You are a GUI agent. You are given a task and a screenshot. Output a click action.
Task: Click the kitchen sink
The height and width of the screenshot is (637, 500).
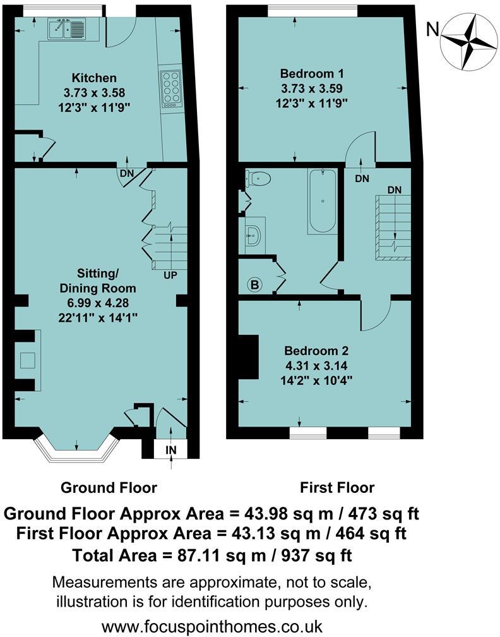tap(66, 29)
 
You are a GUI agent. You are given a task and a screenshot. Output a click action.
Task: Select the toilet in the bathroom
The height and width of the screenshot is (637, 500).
tap(258, 178)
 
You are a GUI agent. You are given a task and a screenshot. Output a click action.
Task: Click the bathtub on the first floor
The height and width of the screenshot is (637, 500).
tap(322, 201)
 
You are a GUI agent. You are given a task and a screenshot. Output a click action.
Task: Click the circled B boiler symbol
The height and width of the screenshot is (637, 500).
tap(255, 285)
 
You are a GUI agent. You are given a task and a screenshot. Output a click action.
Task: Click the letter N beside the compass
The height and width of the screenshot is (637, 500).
tap(432, 29)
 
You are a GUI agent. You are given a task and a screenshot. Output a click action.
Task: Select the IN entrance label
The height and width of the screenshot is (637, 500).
tap(171, 450)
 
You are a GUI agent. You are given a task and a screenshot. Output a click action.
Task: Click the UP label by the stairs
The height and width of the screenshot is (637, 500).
tap(170, 276)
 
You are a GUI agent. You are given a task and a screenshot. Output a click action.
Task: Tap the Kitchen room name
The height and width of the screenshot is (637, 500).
tap(94, 78)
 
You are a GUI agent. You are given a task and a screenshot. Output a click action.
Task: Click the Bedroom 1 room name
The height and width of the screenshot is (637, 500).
tap(312, 74)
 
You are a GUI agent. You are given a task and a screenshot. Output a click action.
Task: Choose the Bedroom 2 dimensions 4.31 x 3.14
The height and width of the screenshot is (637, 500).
tap(316, 366)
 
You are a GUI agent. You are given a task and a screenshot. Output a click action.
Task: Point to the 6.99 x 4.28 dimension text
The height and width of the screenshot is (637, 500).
tap(98, 303)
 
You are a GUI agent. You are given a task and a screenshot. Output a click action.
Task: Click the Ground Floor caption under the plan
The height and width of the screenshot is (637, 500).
tap(109, 487)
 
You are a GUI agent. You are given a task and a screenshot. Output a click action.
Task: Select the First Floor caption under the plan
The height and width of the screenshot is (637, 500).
tap(337, 487)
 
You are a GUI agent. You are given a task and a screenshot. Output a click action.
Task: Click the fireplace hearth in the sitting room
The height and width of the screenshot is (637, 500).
tap(28, 360)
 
